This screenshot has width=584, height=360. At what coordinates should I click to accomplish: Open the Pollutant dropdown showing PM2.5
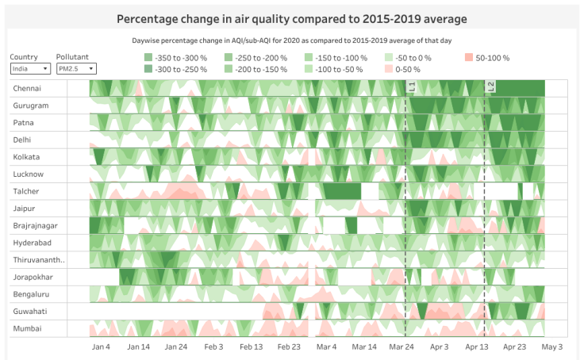(x=75, y=69)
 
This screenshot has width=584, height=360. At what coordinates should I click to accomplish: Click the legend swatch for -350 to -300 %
(x=148, y=58)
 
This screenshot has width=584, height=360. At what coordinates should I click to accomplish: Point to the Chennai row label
(x=28, y=88)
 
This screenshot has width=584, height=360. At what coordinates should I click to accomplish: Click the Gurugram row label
(x=31, y=105)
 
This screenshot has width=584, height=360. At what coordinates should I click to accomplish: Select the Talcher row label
(x=26, y=191)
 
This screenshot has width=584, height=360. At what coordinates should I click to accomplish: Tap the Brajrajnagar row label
(x=36, y=226)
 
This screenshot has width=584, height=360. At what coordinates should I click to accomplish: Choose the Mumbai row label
(x=27, y=328)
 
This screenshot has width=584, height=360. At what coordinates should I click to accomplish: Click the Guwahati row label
(x=30, y=311)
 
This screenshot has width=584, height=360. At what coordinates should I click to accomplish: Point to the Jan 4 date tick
(x=101, y=347)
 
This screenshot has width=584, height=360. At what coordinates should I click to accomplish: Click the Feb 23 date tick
(x=289, y=347)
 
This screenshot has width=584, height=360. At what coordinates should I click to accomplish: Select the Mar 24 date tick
(x=401, y=347)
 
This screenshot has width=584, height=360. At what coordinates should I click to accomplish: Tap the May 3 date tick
(x=552, y=347)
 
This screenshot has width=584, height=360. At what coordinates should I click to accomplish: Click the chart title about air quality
(x=291, y=18)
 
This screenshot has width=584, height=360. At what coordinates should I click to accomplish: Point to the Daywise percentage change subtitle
(x=291, y=40)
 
